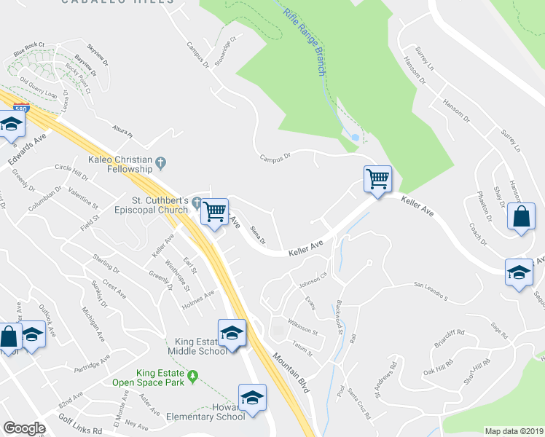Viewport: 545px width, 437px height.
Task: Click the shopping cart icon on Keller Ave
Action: tap(377, 178)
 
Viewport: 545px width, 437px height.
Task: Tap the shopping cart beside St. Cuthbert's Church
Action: tap(215, 212)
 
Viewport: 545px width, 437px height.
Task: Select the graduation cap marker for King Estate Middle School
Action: tap(232, 333)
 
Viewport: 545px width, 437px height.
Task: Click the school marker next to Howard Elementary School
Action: tap(252, 398)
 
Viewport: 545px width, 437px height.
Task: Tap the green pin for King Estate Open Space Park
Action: tap(192, 376)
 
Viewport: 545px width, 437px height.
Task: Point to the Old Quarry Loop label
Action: tap(39, 87)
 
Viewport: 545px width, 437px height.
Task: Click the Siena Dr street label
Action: tap(257, 235)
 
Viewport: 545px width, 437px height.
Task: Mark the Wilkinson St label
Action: tap(302, 330)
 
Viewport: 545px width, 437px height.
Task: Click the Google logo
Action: tap(25, 428)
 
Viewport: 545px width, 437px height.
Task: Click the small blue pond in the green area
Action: tap(355, 136)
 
